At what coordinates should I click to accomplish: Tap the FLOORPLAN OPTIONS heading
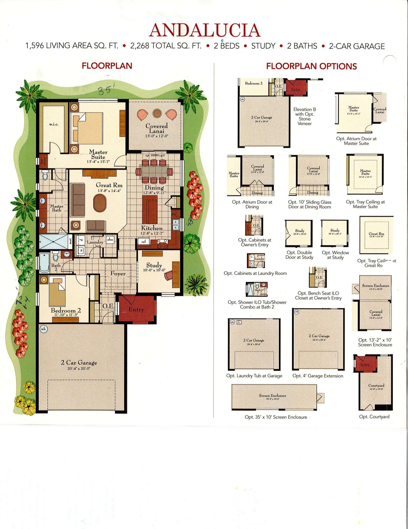coord(311,66)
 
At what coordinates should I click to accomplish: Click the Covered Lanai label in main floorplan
coord(157,128)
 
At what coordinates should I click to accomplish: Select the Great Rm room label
coord(109,185)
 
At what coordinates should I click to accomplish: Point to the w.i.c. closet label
coord(54,124)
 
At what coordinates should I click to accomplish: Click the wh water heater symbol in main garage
coord(43,329)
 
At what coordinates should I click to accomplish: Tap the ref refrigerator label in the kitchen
coord(143,242)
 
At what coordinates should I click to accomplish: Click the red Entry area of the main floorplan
coord(136,309)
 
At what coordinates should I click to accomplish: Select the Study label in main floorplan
coord(154,265)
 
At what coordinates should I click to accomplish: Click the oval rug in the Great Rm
coord(99,203)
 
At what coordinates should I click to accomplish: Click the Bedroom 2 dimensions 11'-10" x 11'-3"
coord(66,315)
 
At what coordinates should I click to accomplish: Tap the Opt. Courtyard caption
coord(374,417)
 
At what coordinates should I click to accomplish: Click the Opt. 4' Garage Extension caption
coord(318,376)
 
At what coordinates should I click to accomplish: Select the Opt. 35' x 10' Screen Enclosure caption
coord(276,417)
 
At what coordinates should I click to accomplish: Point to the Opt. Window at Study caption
coord(335,255)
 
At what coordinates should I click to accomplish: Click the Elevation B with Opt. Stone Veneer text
coord(305,116)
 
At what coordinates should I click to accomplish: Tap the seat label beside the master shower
coord(70,241)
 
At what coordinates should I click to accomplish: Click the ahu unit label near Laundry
coord(110,239)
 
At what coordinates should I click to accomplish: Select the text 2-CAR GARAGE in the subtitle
coord(356,46)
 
